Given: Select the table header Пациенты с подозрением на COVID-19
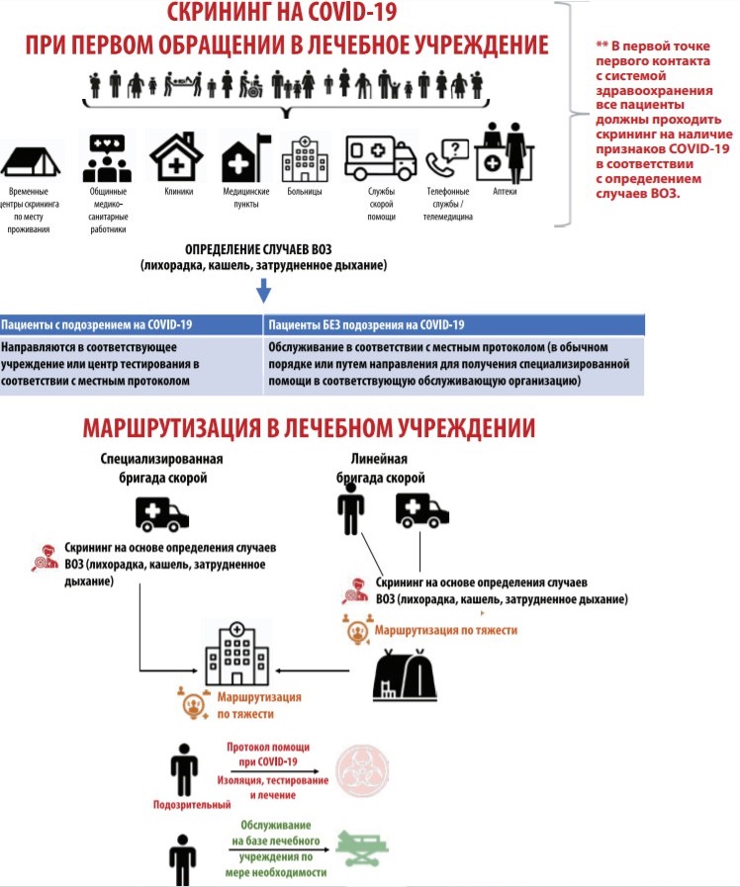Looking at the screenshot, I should click(x=99, y=324).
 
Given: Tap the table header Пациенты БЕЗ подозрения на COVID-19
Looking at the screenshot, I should click(x=366, y=324).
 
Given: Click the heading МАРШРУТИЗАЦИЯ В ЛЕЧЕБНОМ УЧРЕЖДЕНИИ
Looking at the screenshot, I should click(x=310, y=428).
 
